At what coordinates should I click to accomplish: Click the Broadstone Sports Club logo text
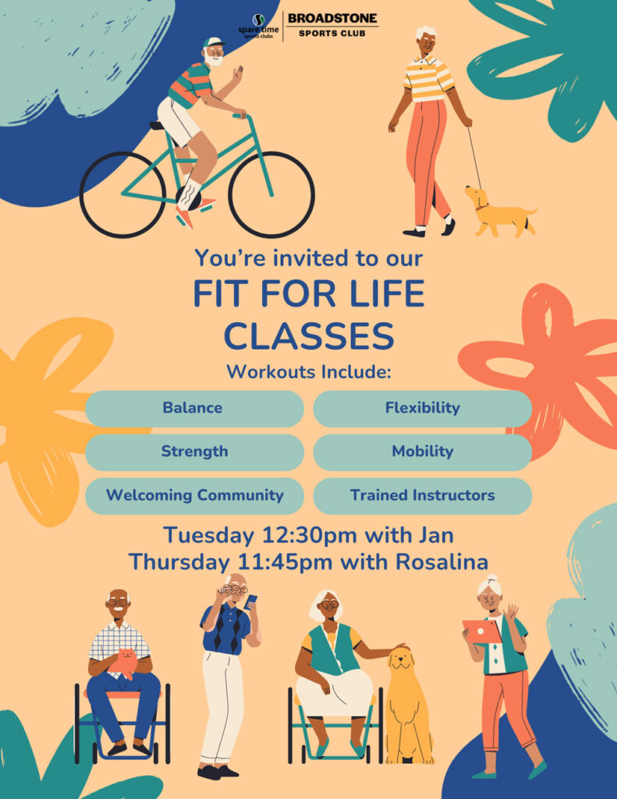(x=333, y=25)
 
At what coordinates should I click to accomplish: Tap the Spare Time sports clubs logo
(x=259, y=27)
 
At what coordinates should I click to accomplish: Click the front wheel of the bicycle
(x=271, y=194)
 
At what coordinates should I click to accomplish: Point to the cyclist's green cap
(x=212, y=42)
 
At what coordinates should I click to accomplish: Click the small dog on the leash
(x=498, y=211)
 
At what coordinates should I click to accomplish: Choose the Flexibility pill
(x=422, y=408)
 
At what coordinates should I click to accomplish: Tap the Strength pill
(x=195, y=452)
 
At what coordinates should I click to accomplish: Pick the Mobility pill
(x=422, y=452)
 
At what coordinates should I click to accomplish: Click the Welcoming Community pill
(x=195, y=495)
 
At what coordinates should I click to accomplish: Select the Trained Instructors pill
(x=422, y=495)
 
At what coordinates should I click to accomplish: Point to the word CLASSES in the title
(x=309, y=336)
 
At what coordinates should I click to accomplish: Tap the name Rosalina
(x=442, y=562)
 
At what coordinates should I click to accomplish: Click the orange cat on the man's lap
(x=124, y=662)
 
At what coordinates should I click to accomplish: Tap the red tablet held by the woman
(x=481, y=631)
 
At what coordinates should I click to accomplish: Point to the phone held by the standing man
(x=250, y=602)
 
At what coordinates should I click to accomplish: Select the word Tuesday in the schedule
(x=208, y=536)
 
